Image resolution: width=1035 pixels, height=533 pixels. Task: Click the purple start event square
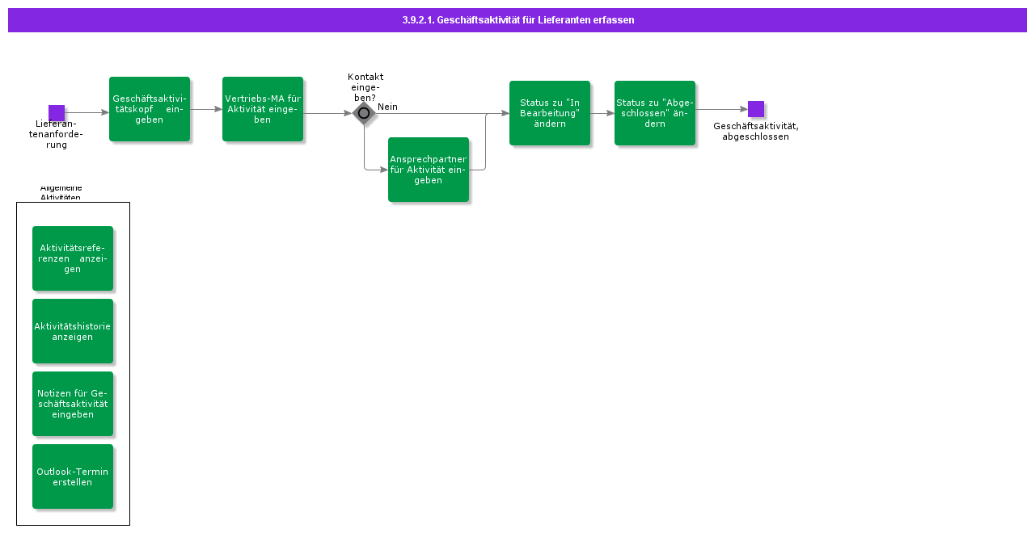coord(57,113)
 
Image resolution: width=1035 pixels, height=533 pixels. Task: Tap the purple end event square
coord(756,109)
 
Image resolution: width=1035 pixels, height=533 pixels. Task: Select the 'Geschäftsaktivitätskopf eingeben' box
coord(150,109)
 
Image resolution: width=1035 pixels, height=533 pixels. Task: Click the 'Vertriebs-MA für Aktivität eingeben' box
coord(263,109)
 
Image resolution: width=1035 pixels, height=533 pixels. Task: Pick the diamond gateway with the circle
coord(364,113)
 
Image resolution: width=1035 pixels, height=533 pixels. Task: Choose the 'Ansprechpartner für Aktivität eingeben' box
coord(429,170)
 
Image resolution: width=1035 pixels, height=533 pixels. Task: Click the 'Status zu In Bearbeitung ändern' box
coord(550,113)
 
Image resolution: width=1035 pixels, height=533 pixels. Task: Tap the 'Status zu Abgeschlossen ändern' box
coord(655,113)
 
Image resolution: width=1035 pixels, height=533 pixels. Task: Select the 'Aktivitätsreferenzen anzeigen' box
coord(73,258)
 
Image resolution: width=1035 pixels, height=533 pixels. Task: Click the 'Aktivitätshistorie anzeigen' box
coord(73,331)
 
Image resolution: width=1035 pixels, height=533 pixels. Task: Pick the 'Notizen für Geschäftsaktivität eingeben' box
coord(73,404)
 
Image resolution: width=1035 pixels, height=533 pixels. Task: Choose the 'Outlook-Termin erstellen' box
coord(73,476)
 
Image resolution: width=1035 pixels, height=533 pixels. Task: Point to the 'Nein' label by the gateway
coord(387,107)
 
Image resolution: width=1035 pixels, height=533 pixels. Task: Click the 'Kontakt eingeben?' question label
coord(365,87)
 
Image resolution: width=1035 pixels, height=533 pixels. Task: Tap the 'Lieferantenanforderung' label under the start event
coord(56,134)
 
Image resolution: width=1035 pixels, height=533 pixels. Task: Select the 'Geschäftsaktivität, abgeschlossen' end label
coord(756,131)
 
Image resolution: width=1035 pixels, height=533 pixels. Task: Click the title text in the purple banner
coord(518,20)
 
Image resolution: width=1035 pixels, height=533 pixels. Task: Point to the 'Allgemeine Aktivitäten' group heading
coord(61,193)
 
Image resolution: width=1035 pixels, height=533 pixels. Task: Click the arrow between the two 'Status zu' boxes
coord(602,113)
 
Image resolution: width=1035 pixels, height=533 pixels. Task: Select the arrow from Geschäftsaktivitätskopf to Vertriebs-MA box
coord(206,109)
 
